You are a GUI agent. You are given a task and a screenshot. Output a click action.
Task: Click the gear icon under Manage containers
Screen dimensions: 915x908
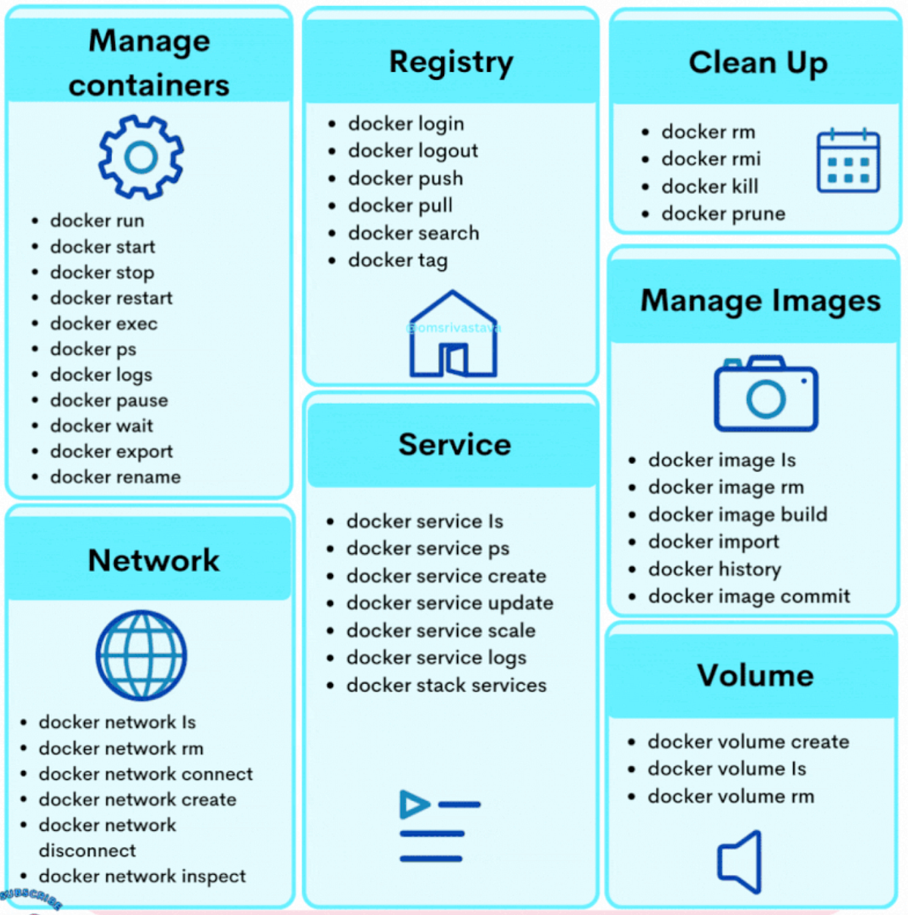(141, 157)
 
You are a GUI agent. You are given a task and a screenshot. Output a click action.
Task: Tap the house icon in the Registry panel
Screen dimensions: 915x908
(453, 335)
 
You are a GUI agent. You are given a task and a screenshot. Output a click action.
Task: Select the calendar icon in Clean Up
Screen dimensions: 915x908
(848, 161)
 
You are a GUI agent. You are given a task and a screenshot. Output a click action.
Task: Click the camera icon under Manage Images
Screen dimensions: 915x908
(766, 394)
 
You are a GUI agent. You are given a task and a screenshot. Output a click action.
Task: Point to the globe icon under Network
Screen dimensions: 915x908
(141, 655)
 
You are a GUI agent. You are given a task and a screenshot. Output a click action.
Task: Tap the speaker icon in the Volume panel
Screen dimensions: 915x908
(741, 861)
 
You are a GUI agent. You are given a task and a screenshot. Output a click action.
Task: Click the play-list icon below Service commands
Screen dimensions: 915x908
(438, 826)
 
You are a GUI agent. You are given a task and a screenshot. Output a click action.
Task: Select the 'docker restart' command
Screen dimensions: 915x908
(111, 298)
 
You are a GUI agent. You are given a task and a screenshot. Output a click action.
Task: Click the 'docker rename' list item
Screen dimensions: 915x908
(116, 477)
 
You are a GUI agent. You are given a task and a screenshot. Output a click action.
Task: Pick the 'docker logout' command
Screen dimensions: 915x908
(413, 151)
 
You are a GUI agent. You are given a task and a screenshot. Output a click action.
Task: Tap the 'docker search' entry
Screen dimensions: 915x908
(414, 233)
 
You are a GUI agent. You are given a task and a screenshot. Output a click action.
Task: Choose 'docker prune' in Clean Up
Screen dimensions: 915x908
(723, 213)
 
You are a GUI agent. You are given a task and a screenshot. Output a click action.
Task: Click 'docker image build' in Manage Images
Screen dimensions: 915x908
(738, 515)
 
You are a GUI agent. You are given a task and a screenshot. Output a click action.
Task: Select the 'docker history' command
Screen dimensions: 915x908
(715, 569)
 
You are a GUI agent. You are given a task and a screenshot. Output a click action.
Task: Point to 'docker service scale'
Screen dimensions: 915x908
(441, 630)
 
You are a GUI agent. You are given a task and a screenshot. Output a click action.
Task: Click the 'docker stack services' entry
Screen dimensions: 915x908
(446, 685)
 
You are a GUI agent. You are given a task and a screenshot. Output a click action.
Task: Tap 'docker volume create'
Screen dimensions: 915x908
(748, 742)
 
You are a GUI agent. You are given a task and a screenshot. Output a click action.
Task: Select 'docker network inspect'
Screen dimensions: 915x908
(142, 876)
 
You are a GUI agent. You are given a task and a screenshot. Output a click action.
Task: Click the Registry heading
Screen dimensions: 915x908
(451, 62)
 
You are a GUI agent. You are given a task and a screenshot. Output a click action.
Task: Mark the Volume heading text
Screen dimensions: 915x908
(755, 675)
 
